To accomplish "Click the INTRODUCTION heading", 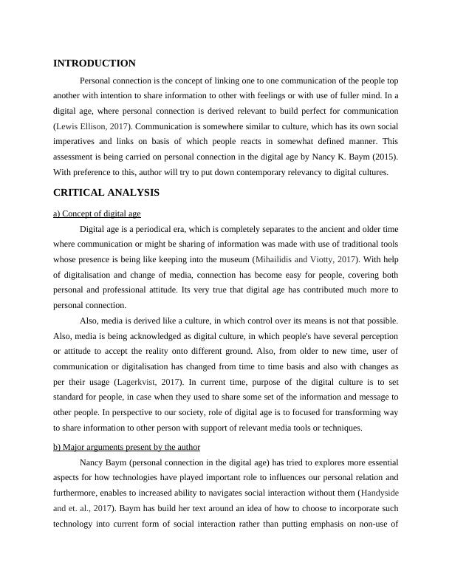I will tap(95, 64).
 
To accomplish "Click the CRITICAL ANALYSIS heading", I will tap(106, 193).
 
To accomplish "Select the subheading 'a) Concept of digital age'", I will tap(97, 213).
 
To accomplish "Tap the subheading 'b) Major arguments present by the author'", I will tap(127, 447).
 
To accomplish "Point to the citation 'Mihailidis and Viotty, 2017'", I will tap(305, 259).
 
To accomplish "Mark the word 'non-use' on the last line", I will tap(374, 524).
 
